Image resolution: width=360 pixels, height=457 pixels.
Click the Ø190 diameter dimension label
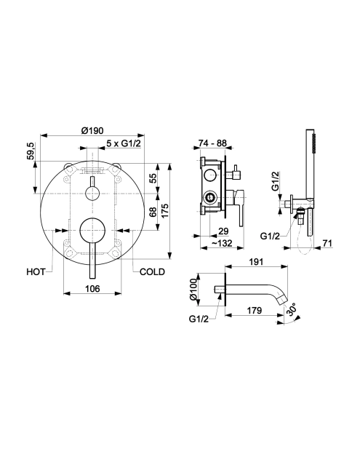click(x=92, y=130)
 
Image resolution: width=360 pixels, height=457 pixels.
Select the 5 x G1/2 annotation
click(x=123, y=143)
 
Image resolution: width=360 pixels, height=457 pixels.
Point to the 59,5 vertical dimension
click(x=31, y=151)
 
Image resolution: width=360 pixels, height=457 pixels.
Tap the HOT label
click(x=36, y=272)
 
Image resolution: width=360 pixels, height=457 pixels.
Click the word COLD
click(x=152, y=272)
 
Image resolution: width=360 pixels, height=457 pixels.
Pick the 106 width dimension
click(x=92, y=289)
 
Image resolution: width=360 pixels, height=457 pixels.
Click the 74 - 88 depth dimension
click(x=212, y=143)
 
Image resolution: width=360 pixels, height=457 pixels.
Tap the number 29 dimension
click(x=223, y=231)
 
